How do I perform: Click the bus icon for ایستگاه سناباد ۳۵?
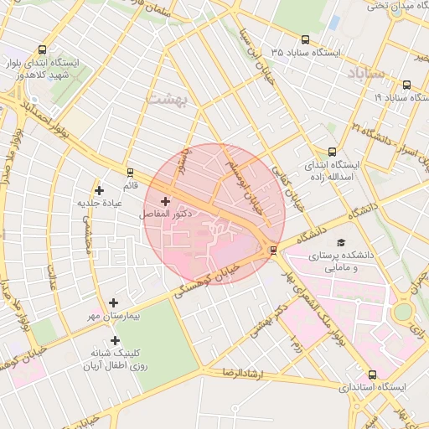[302, 39]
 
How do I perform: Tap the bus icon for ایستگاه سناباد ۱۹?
[406, 85]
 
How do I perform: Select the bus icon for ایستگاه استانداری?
[372, 375]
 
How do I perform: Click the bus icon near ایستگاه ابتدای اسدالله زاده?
[332, 152]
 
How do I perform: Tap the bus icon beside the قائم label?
[129, 171]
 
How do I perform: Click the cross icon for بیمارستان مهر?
[114, 302]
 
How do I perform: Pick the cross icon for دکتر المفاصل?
[164, 201]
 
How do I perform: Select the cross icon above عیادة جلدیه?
[100, 190]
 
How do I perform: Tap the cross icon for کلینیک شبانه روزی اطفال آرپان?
[103, 341]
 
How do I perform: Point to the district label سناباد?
[367, 73]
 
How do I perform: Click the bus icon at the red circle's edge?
[273, 250]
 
